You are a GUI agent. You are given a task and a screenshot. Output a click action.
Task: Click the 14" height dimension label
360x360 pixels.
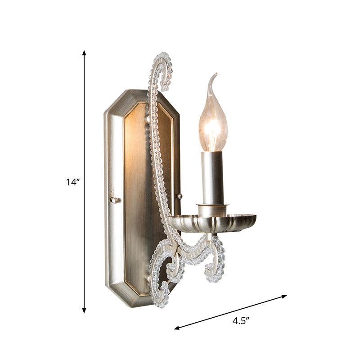click(72, 182)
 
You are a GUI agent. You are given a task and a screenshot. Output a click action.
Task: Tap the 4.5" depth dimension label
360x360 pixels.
click(241, 321)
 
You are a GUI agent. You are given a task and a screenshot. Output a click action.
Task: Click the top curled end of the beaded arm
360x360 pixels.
click(166, 67)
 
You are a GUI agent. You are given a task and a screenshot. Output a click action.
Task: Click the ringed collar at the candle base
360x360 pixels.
click(212, 209)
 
